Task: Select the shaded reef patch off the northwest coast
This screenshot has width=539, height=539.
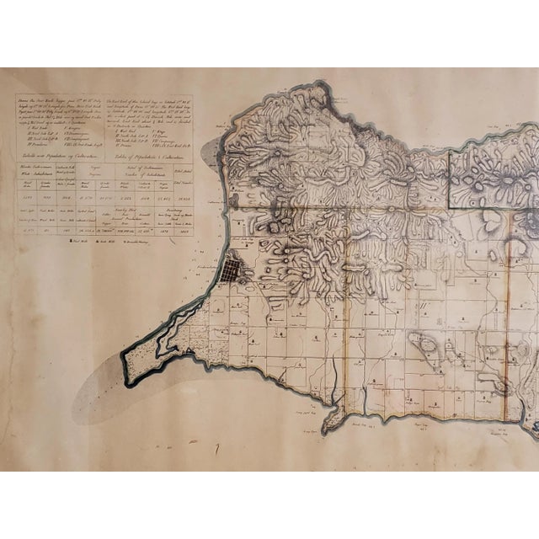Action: coord(211,152)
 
